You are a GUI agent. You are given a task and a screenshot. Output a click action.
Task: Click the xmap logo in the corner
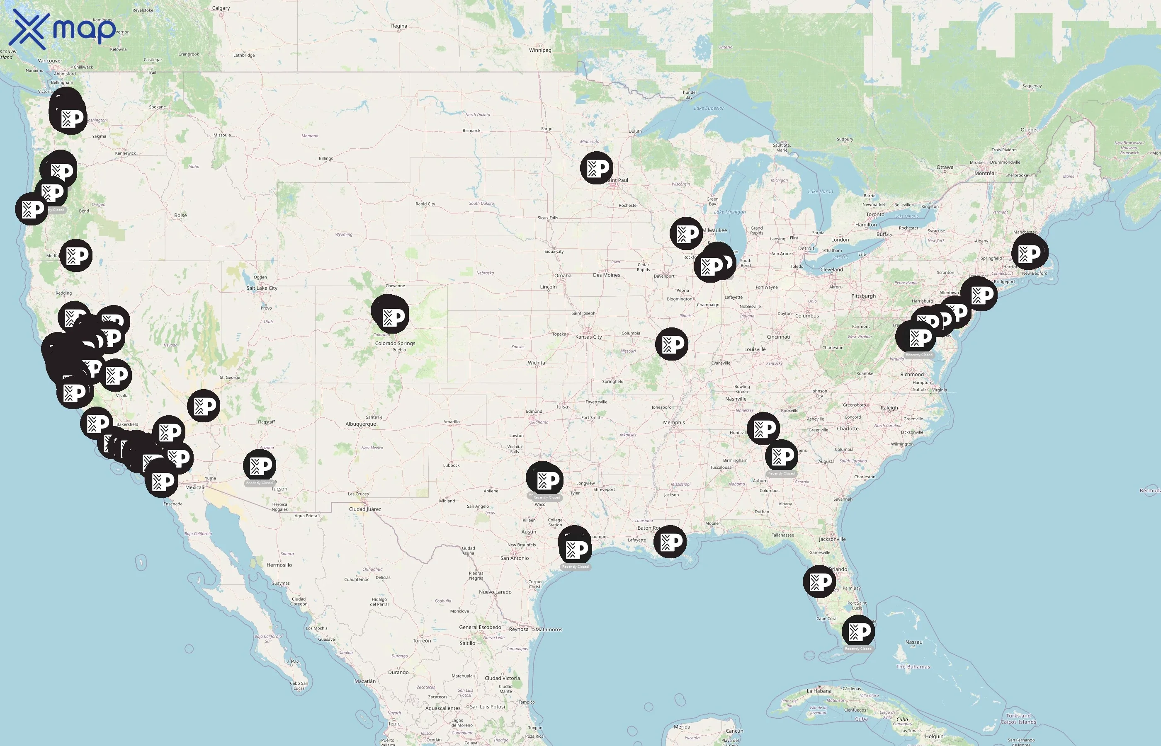pos(63,29)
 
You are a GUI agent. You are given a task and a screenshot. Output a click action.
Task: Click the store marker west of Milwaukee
pos(686,233)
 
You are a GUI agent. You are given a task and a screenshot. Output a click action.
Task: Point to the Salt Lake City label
pos(262,288)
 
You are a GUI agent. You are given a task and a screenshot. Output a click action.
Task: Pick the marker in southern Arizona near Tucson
pos(260,465)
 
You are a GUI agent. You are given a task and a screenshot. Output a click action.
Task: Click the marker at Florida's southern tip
pos(858,631)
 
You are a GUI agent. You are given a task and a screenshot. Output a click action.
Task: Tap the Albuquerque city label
pos(360,424)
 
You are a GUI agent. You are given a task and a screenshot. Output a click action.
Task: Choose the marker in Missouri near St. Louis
pos(672,344)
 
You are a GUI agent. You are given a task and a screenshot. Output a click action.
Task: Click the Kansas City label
pos(588,337)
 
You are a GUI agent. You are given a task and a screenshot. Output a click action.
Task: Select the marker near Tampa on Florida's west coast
pos(819,581)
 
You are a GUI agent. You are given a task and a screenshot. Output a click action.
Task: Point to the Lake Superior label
pos(709,109)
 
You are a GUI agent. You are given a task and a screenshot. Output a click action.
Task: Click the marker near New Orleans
pos(670,542)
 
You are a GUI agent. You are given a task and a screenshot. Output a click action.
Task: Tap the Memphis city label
pos(673,422)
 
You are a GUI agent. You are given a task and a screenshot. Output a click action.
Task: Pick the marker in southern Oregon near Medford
pos(76,255)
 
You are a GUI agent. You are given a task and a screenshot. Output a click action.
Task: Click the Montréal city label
pos(985,173)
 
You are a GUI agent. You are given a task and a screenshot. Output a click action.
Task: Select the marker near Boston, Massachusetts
pos(1030,253)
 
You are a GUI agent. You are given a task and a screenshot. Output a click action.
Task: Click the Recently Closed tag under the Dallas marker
pos(546,497)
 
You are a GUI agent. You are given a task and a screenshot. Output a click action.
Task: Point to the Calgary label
pos(221,8)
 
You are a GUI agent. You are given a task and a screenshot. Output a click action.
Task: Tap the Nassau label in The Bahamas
pos(913,642)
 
